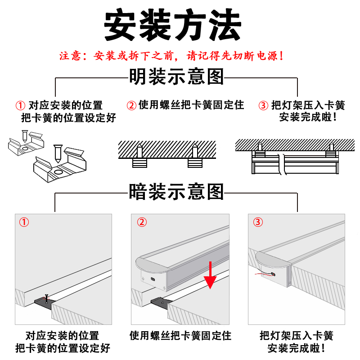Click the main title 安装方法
[x=173, y=26]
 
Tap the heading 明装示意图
[x=176, y=76]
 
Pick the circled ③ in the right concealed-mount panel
[x=257, y=222]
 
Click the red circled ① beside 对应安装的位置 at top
[x=20, y=106]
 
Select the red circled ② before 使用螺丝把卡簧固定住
[x=131, y=106]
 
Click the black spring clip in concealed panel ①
[x=43, y=303]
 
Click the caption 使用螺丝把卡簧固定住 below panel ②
[x=180, y=336]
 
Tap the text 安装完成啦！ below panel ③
[x=296, y=348]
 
